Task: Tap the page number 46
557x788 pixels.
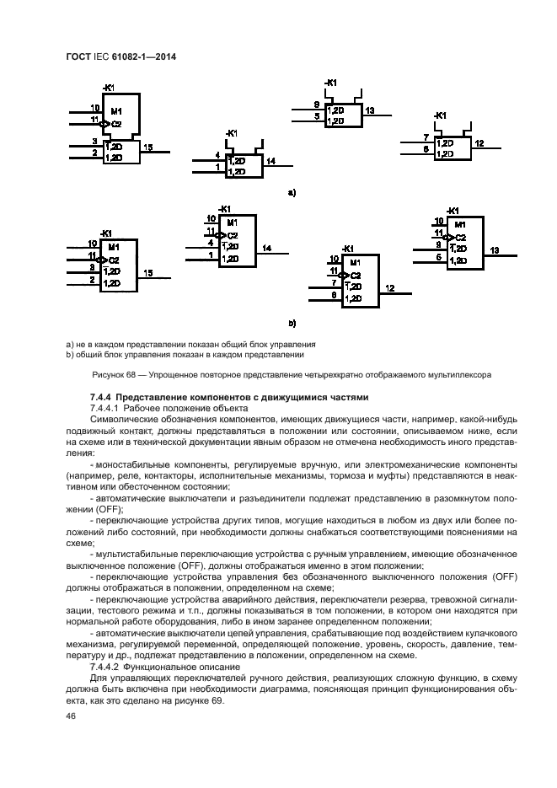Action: click(71, 716)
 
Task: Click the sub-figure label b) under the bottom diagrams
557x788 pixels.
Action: click(292, 322)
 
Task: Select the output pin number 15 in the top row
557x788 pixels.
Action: click(148, 147)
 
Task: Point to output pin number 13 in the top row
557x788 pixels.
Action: click(370, 110)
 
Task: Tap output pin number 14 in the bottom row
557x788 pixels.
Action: click(266, 248)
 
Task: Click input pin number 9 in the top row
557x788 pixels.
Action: click(317, 105)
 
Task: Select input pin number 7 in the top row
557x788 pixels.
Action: click(426, 137)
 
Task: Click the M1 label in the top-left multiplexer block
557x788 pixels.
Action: click(116, 111)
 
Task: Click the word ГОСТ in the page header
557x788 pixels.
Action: click(79, 57)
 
